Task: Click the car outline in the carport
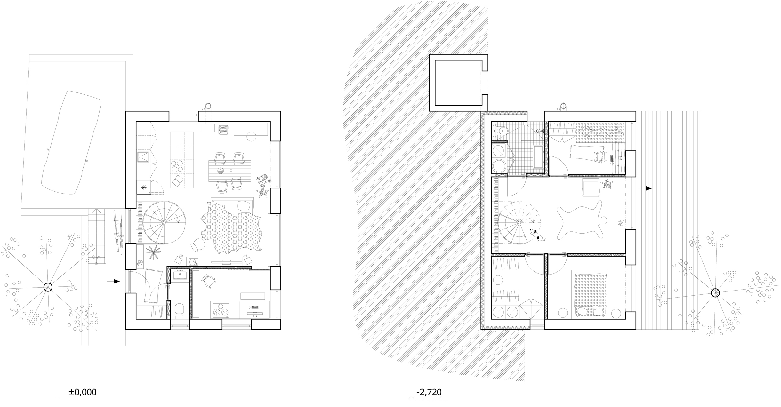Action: tap(71, 143)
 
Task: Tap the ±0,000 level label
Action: tap(82, 392)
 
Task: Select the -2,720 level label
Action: tap(429, 392)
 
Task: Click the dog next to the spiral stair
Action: tap(537, 235)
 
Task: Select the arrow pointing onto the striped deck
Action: tap(645, 188)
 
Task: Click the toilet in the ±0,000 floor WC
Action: tap(179, 310)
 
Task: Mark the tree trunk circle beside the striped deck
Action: tap(715, 293)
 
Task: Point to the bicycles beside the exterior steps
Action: tap(118, 232)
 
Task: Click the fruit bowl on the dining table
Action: tap(221, 171)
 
